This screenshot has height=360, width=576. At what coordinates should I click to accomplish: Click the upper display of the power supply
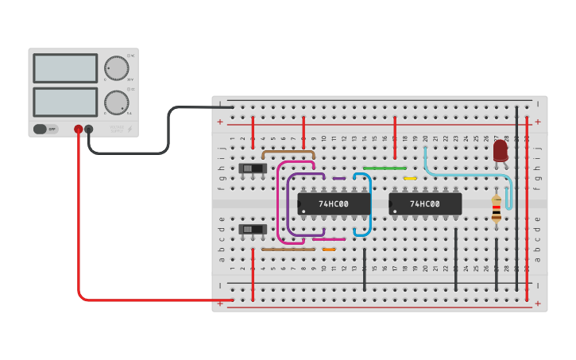pos(65,68)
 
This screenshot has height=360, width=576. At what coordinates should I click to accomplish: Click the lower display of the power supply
pos(65,102)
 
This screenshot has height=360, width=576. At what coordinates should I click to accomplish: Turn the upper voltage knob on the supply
pos(116,68)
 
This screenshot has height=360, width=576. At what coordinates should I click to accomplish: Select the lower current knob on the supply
pos(116,103)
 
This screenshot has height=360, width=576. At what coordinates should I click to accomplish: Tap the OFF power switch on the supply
pos(46,129)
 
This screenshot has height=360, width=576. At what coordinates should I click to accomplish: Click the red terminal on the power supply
pos(78,129)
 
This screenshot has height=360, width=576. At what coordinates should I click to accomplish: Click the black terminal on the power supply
pos(89,129)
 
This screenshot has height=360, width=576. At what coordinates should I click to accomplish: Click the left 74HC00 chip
pos(334,204)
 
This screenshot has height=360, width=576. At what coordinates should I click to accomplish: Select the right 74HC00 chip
pos(425,204)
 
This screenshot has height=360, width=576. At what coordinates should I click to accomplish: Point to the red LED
pos(501,150)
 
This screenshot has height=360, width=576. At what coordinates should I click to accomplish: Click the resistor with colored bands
pos(497,210)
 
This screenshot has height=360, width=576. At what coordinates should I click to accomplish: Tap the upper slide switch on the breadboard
pos(253,168)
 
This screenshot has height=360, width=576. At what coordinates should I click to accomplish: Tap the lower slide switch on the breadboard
pos(253,230)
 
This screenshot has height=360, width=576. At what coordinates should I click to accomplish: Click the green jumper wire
pos(385,168)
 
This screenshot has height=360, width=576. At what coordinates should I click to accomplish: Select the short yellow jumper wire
pos(410,179)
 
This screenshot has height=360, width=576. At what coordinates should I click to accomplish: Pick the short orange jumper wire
pos(328,250)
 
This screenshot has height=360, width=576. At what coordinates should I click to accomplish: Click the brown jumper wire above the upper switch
pos(288,150)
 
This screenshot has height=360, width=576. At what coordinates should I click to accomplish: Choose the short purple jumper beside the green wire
pos(339,179)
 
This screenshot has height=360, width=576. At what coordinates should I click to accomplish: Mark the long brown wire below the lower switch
pos(288,250)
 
